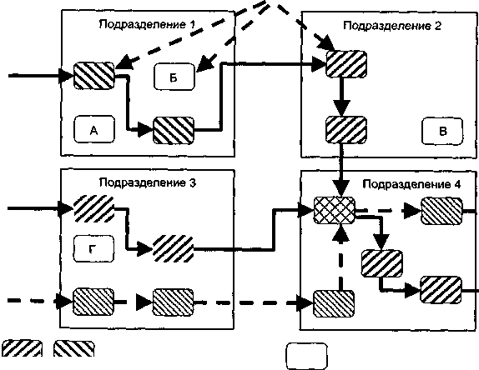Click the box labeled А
pos(94,129)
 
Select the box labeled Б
pos(174,77)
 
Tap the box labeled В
pos(442,131)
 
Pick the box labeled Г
pos(93,249)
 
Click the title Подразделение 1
pos(147,24)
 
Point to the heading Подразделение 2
pos(392,26)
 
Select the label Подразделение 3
pos(148,182)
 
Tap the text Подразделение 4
pos(411,184)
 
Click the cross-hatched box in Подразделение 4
pos(335,211)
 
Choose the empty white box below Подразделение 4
pos(306,356)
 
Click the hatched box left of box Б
pos(94,76)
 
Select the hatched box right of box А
pos(174,131)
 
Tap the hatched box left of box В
pos(346,130)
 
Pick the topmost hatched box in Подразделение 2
pos(346,64)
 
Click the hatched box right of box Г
pos(174,248)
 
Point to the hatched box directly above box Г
pos(94,209)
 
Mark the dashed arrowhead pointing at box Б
pos(204,65)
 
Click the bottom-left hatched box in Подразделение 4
pos(334,304)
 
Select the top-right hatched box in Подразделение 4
pos(441,211)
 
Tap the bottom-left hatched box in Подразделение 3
pos(93,302)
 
